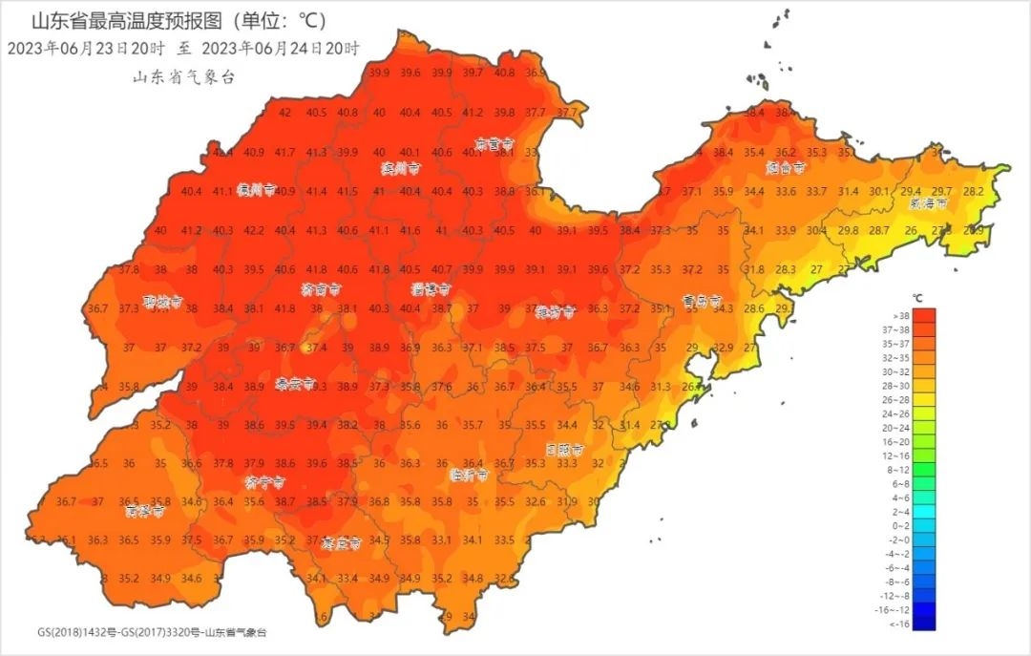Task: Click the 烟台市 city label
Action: point(785,167)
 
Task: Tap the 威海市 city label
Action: point(928,203)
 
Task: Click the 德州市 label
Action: point(257,189)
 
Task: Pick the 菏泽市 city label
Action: point(145,511)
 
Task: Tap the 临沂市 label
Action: point(469,474)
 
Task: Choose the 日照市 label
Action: point(564,449)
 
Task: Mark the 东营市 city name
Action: point(494,144)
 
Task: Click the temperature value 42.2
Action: point(254,230)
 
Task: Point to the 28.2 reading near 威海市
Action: point(973,191)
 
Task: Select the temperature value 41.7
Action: point(284,152)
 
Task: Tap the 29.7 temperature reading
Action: point(942,191)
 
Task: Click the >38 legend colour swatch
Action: point(917,315)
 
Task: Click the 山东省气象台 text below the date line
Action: point(183,77)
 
